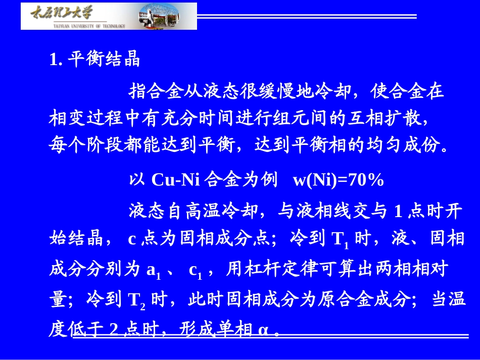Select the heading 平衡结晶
coord(104,60)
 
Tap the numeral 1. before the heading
coord(56,60)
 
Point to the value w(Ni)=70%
coord(339,180)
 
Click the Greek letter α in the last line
coord(264,331)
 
